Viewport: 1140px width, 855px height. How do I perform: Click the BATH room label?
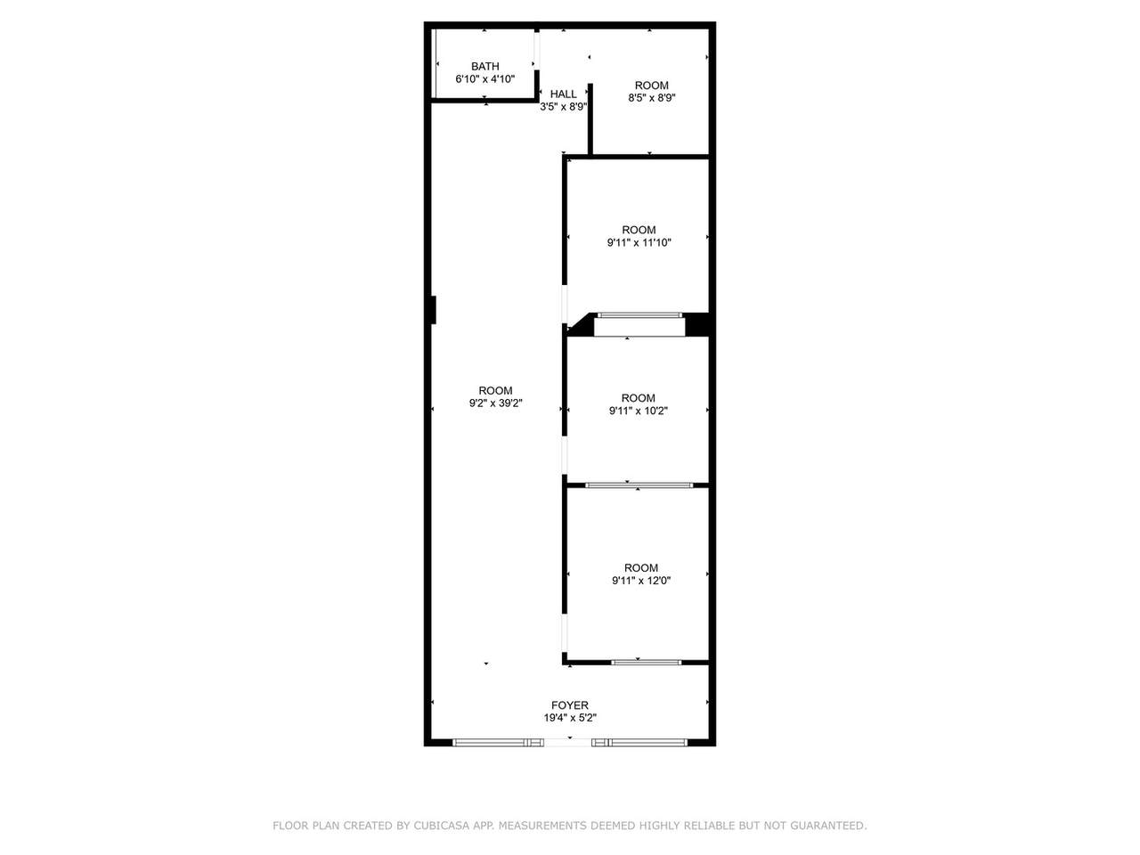484,67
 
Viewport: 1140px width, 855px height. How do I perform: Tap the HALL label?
563,94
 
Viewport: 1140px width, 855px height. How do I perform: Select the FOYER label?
570,705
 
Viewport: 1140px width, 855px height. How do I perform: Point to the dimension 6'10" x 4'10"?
484,79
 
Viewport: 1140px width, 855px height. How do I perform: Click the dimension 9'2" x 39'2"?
495,403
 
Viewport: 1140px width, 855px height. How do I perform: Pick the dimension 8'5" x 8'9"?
651,98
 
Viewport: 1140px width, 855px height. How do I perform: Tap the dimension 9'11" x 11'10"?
639,242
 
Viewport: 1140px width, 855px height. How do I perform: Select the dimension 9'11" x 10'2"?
639,411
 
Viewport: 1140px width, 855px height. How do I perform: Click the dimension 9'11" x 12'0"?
641,581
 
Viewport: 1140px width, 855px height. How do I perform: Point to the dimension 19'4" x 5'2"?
570,718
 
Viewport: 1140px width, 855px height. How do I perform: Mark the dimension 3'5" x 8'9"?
563,107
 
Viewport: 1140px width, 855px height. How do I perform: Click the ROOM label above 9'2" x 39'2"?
495,390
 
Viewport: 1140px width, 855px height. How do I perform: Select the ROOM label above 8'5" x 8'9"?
651,85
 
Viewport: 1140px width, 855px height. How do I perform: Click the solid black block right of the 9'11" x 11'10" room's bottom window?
697,324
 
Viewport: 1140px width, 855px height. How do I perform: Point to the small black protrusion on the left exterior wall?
433,310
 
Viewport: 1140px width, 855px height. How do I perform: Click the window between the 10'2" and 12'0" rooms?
639,485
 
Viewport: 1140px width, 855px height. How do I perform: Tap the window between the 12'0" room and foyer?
646,663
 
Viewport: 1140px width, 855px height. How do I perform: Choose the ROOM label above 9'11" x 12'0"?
641,568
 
